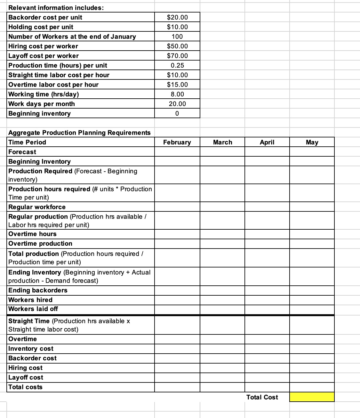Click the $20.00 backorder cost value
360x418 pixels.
[x=177, y=17]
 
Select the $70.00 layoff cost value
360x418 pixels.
[x=177, y=56]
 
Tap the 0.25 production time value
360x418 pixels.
[x=177, y=65]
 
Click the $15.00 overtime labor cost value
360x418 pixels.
[x=177, y=85]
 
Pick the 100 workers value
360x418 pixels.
[x=177, y=37]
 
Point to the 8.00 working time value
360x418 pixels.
[x=177, y=94]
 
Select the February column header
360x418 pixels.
[x=177, y=142]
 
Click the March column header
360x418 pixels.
[x=222, y=142]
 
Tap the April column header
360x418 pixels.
[x=267, y=142]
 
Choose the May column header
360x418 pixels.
[x=312, y=142]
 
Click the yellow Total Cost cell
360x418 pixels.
[x=312, y=397]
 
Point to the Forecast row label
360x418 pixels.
[x=22, y=152]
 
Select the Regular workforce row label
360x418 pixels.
[x=37, y=207]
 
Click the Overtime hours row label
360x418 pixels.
[x=32, y=234]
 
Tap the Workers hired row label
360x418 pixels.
[x=30, y=300]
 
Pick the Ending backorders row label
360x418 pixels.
[x=38, y=290]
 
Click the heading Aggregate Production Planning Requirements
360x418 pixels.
[x=79, y=133]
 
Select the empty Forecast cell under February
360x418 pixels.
[x=177, y=152]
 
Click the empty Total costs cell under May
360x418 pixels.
[x=312, y=387]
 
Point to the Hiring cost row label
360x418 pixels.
[x=25, y=368]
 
